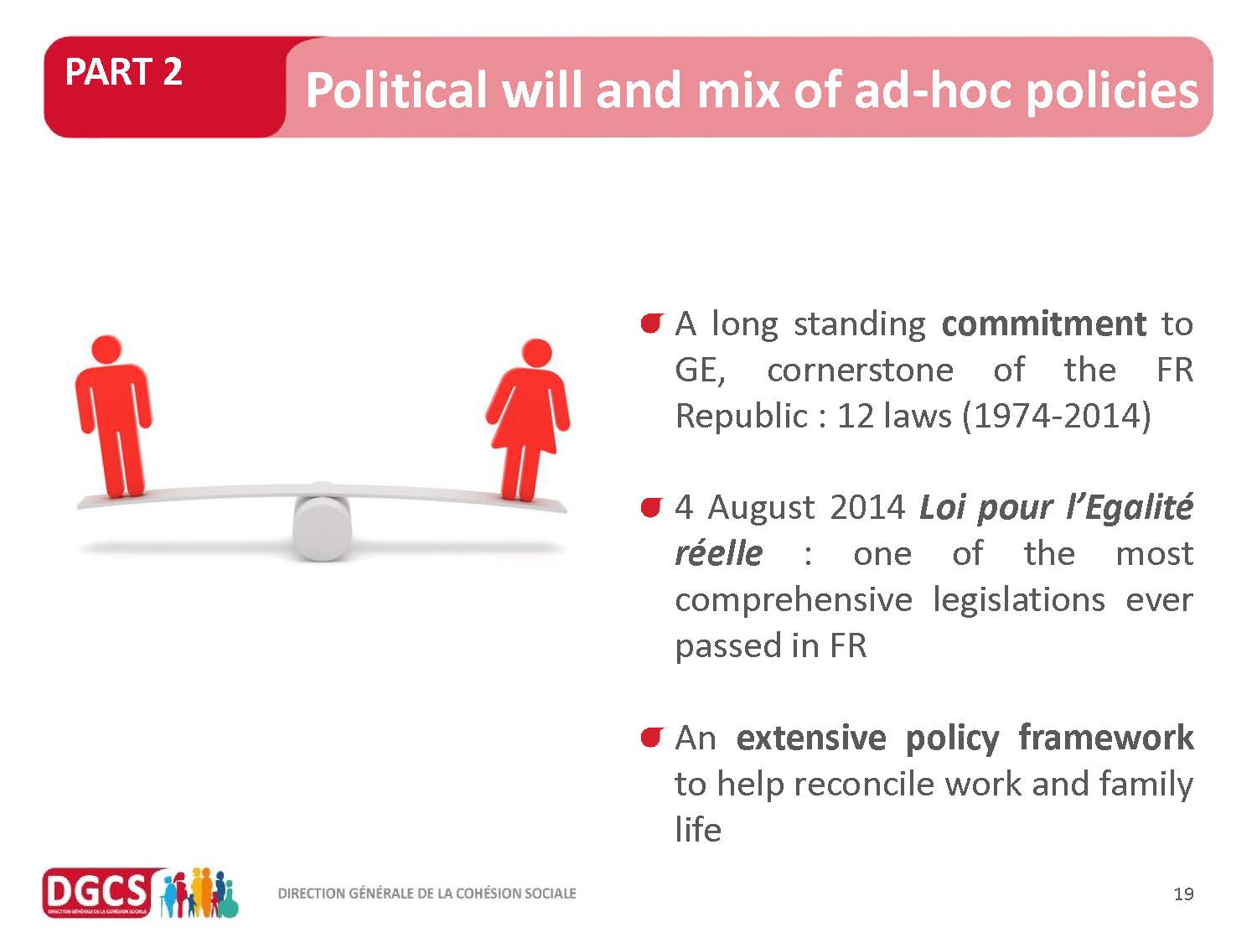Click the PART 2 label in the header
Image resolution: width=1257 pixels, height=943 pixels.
[124, 72]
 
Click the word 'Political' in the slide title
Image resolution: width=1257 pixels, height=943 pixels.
[396, 91]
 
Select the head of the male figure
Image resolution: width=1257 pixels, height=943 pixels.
[106, 350]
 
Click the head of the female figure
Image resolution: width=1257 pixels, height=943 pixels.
[537, 353]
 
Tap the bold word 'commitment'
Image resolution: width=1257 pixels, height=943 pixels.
[1043, 324]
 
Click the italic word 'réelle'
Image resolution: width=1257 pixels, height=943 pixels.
[719, 554]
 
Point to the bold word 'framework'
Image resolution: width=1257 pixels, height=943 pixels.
[1106, 738]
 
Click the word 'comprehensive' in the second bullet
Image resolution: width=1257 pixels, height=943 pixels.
[794, 601]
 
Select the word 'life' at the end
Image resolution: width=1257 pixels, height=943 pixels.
[698, 830]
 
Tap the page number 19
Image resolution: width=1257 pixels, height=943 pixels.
[1184, 894]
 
